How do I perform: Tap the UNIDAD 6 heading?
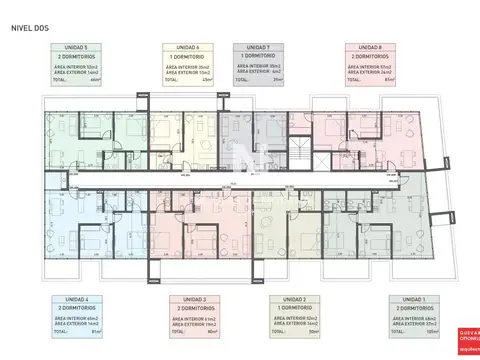click(184, 47)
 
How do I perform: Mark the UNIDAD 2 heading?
click(292, 300)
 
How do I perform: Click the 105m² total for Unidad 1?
click(431, 333)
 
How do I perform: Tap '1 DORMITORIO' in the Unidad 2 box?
click(292, 309)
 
